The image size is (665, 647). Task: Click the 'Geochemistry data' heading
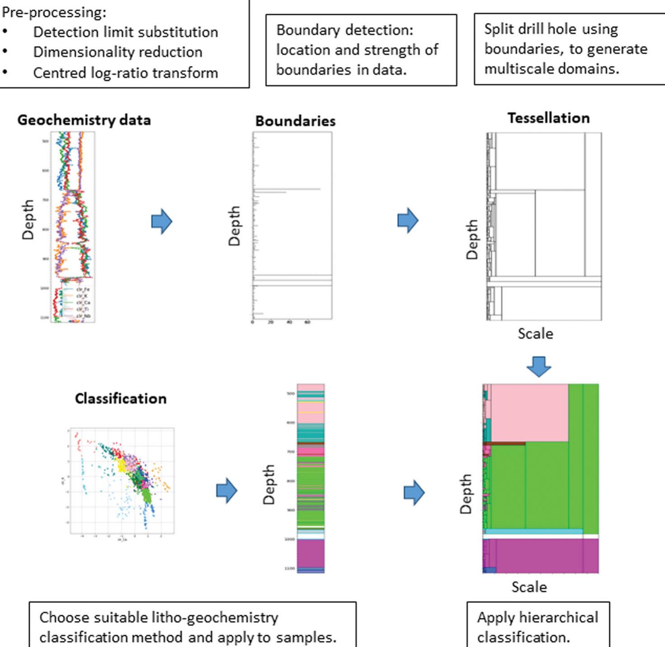(x=84, y=120)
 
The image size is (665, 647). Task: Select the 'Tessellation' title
(x=548, y=118)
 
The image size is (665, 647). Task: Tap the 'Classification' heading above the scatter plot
(x=121, y=398)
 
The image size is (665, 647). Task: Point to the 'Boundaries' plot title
(x=295, y=121)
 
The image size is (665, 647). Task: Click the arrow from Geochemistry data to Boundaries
(x=162, y=221)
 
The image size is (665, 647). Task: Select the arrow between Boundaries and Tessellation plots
(x=408, y=221)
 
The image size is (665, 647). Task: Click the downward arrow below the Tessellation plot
(x=539, y=366)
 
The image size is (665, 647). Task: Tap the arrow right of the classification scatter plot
(x=226, y=491)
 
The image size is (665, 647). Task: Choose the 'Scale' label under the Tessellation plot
(x=535, y=334)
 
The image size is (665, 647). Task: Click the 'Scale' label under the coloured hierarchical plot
(x=529, y=587)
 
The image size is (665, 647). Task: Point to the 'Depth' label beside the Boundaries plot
(x=234, y=226)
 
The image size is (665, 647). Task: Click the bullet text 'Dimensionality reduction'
(x=118, y=52)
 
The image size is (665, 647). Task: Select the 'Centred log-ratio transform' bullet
(x=125, y=73)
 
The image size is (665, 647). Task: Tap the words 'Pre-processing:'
(x=54, y=12)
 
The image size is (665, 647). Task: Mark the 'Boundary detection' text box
(x=361, y=50)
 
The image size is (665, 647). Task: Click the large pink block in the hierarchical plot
(x=529, y=412)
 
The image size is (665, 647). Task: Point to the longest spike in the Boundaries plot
(x=287, y=189)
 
